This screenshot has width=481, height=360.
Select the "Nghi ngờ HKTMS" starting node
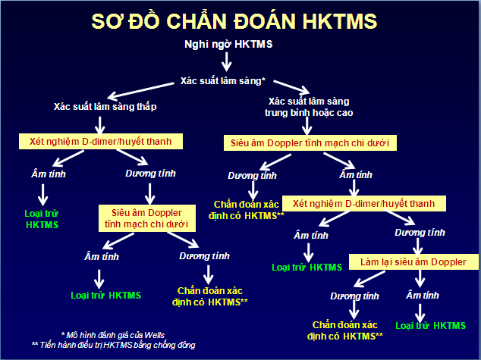point(228,44)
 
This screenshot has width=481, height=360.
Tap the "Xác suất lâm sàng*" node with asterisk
point(222,80)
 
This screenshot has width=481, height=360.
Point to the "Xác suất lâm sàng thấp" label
point(105,106)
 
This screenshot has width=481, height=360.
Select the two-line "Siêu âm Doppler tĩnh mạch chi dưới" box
point(149,217)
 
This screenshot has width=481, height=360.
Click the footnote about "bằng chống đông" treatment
point(113,345)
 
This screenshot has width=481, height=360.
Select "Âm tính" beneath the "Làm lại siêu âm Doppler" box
point(421,294)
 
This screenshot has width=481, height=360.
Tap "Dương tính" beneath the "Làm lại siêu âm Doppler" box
point(354,296)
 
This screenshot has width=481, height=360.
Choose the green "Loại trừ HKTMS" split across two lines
point(41,219)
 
